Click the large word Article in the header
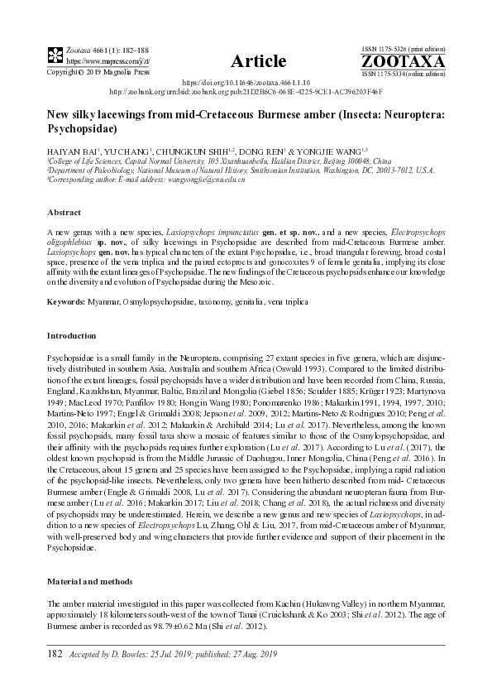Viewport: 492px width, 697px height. coord(259,61)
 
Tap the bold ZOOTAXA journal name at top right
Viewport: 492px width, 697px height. coord(403,62)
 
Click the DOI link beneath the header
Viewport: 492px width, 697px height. coord(245,84)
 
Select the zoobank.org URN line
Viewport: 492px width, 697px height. coord(246,93)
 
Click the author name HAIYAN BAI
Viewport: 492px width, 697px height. coord(73,151)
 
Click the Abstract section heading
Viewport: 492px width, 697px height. coord(64,213)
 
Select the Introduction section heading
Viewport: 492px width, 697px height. coord(72,337)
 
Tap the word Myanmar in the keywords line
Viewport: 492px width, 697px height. coord(107,303)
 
